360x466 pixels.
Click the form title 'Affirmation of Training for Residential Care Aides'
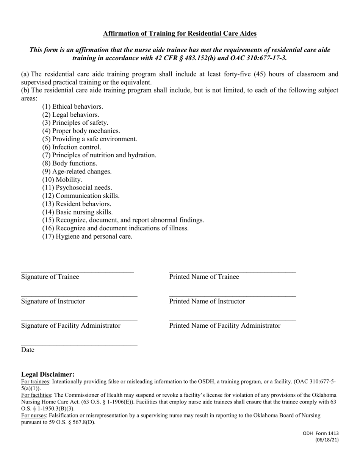pos(180,34)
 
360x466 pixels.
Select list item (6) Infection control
pos(72,147)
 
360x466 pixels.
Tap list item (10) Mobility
pos(62,180)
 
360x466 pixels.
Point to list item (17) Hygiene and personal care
pos(87,236)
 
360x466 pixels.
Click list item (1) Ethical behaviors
pos(72,106)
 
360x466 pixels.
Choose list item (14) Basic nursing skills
pos(77,212)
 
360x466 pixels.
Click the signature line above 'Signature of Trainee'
pos(77,272)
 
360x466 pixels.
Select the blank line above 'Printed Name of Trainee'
pos(232,272)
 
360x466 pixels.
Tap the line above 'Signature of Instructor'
pos(79,296)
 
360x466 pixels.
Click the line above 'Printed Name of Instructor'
pos(232,296)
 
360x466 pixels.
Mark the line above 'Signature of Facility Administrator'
pos(79,321)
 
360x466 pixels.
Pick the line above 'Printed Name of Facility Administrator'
pos(232,321)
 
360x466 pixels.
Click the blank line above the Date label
pos(79,345)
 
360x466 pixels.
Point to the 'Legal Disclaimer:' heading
pos(48,374)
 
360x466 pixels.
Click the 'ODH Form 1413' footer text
pos(321,433)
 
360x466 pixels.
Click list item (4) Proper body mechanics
pos(81,131)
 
